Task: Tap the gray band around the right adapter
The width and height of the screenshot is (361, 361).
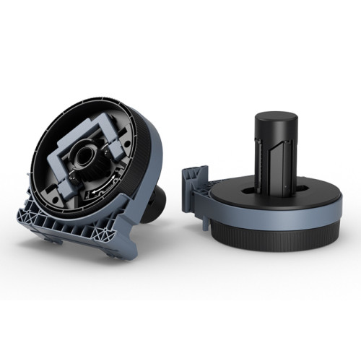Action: pyautogui.click(x=274, y=217)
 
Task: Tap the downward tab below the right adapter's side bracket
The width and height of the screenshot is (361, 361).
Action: pyautogui.click(x=197, y=202)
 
